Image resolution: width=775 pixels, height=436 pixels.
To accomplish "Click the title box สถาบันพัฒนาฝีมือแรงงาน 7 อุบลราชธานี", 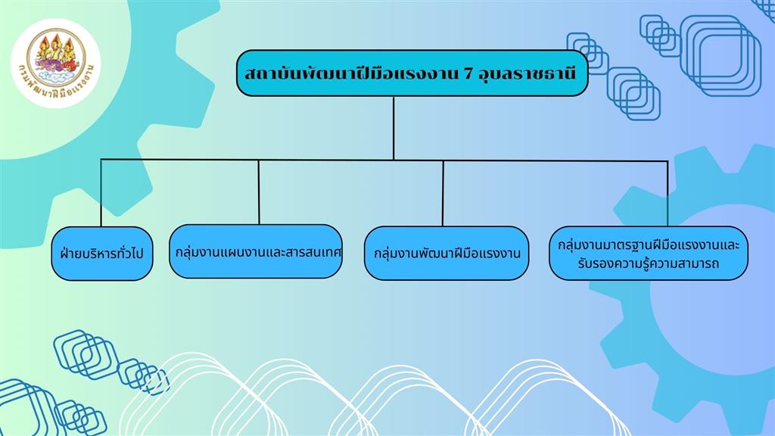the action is click(x=412, y=73).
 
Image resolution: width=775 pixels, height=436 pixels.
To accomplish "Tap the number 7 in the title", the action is click(x=466, y=74).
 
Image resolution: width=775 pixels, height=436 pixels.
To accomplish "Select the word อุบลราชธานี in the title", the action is click(x=528, y=74).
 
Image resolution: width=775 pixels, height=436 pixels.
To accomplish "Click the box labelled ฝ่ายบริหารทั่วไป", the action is click(x=102, y=254).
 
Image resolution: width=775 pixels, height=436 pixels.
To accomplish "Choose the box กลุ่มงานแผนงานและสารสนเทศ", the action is click(x=256, y=251).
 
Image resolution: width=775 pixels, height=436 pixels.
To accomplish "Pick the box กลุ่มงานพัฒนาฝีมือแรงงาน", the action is click(x=447, y=253).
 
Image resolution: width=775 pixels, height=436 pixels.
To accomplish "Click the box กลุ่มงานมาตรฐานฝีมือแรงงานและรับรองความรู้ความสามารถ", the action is click(x=649, y=253).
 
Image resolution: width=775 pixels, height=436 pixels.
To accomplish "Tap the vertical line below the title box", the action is click(x=394, y=128).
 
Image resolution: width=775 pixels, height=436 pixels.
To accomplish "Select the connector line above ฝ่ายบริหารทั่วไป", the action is click(x=101, y=193).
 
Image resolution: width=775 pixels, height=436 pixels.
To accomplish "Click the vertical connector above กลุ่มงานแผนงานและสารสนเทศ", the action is click(x=259, y=192).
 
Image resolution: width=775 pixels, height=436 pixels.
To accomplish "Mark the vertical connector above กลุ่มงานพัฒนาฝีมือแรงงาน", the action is click(x=443, y=193).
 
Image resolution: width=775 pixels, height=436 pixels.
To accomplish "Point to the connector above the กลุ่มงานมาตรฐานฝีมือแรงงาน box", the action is click(x=668, y=194).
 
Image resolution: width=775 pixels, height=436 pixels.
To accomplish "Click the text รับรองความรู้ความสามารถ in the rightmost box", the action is click(x=648, y=263).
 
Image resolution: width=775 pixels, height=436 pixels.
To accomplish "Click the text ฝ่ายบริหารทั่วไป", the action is click(x=102, y=254).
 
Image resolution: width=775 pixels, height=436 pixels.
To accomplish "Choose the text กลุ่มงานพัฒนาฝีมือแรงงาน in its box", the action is click(x=447, y=254).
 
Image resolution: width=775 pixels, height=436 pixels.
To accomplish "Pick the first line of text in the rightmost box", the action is click(x=649, y=244).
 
